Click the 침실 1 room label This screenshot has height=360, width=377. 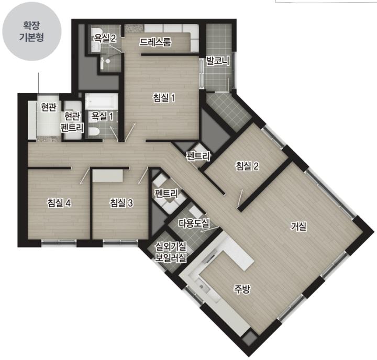pyautogui.click(x=164, y=98)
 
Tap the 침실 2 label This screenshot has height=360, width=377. pyautogui.click(x=247, y=166)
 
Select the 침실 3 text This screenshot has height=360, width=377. pyautogui.click(x=121, y=203)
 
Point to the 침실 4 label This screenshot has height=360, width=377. pyautogui.click(x=59, y=203)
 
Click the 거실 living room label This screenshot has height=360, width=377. pyautogui.click(x=298, y=226)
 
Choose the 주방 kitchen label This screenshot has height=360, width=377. pyautogui.click(x=242, y=289)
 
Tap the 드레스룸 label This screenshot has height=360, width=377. pyautogui.click(x=156, y=42)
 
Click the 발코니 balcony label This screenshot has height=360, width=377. pyautogui.click(x=218, y=61)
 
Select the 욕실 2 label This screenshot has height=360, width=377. pyautogui.click(x=105, y=38)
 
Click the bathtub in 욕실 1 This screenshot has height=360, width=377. pyautogui.click(x=102, y=101)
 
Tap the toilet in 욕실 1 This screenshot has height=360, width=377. pyautogui.click(x=94, y=132)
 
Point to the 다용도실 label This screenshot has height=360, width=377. pyautogui.click(x=194, y=223)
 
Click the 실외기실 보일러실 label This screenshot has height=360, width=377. pyautogui.click(x=171, y=252)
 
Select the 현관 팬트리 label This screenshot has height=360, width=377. pyautogui.click(x=72, y=122)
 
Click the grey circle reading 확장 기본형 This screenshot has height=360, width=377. pyautogui.click(x=32, y=31)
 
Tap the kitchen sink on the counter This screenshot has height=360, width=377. pyautogui.click(x=202, y=285)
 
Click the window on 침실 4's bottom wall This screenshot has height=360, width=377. pyautogui.click(x=59, y=242)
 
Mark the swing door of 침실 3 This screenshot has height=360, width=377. pyautogui.click(x=142, y=176)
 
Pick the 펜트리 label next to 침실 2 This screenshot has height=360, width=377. pyautogui.click(x=198, y=156)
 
